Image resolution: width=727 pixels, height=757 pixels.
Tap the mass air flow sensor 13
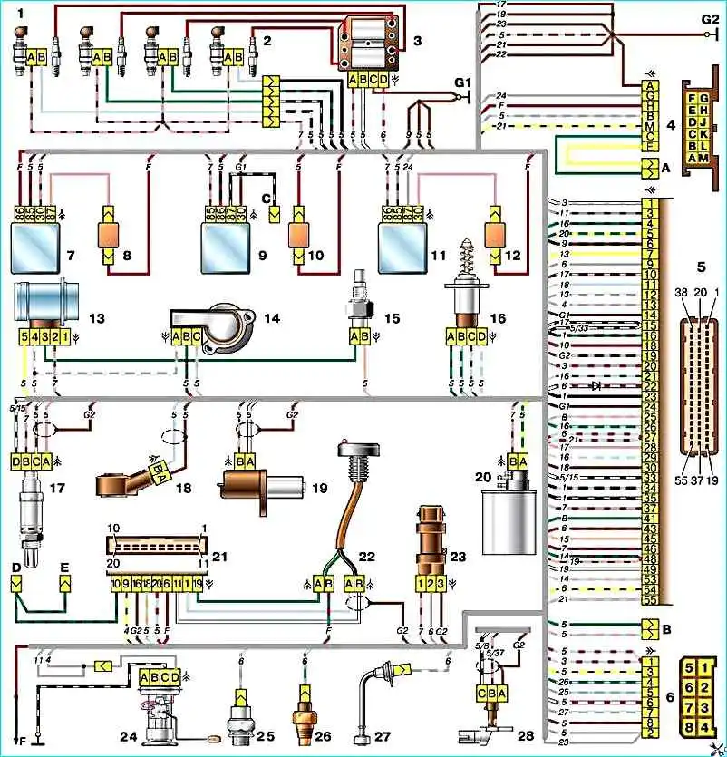45,304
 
